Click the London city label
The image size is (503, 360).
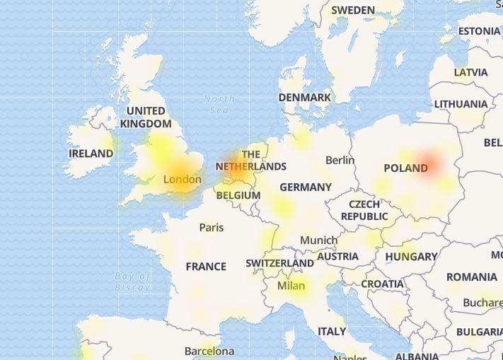[182, 180]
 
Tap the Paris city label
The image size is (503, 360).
[211, 227]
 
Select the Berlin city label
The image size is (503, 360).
[340, 161]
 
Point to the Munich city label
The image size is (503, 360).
[318, 240]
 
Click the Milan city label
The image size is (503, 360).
[291, 286]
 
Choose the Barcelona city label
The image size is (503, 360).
[209, 351]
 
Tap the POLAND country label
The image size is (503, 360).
[405, 168]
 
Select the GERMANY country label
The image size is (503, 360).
[305, 187]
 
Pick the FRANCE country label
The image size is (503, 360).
[206, 267]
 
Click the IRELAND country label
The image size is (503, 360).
[91, 153]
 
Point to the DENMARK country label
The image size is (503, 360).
[304, 98]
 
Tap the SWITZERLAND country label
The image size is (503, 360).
[279, 263]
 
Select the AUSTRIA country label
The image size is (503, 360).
[337, 257]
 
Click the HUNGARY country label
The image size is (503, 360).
[411, 257]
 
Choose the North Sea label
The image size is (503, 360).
[219, 104]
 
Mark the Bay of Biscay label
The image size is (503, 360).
[132, 281]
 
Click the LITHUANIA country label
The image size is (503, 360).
[461, 104]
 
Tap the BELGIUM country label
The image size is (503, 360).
[238, 195]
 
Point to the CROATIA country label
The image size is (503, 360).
[382, 284]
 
